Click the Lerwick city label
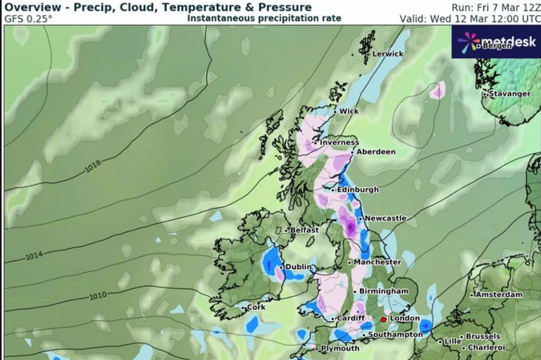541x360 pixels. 388,54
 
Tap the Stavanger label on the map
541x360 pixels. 511,94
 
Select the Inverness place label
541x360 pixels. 340,142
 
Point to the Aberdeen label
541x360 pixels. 376,151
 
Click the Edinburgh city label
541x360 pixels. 358,190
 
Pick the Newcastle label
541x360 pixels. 385,218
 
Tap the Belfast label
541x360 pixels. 306,230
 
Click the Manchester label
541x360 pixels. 378,262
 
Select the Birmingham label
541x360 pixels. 384,291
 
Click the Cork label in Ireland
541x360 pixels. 256,307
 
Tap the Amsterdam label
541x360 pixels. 499,294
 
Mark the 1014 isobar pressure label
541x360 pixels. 32,255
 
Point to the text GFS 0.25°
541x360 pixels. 29,19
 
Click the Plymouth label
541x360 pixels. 340,349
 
